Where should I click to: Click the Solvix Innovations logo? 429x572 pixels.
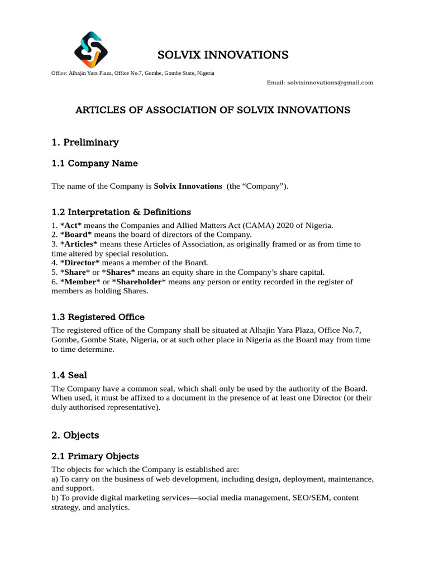[90, 49]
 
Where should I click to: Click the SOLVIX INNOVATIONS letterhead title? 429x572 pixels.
[223, 55]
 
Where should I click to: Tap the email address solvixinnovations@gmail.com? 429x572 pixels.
[330, 83]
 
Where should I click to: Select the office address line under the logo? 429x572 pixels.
[132, 73]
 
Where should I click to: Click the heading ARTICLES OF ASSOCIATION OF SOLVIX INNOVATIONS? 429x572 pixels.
[213, 110]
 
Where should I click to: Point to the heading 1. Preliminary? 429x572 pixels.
[85, 142]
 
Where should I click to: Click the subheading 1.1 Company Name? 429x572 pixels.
[94, 164]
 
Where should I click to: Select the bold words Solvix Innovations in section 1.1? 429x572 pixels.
[188, 186]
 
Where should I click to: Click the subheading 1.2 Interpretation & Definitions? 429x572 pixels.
[121, 212]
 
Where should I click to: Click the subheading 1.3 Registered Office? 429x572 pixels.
[98, 317]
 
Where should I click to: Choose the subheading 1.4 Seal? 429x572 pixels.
[69, 375]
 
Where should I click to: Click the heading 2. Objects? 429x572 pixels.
[75, 435]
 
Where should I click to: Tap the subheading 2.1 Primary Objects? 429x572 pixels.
[95, 456]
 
